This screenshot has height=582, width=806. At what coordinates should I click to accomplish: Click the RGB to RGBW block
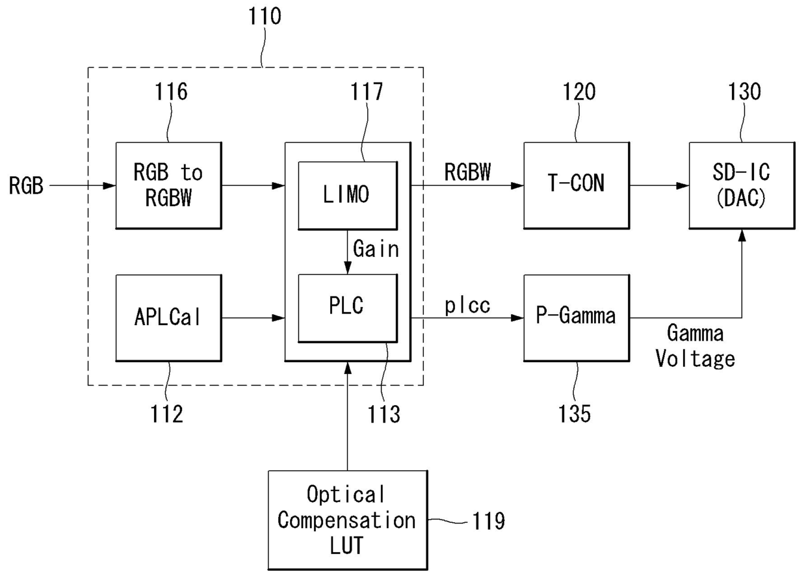point(168,185)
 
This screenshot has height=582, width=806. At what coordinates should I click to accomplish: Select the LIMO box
point(348,196)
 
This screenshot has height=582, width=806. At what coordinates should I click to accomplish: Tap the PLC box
point(348,308)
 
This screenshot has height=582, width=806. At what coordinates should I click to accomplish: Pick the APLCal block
point(168,318)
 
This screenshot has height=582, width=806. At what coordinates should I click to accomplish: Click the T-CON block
point(577,185)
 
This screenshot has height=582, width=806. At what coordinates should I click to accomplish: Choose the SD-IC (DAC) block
point(742,185)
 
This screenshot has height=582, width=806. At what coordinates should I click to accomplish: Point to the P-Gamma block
point(577,318)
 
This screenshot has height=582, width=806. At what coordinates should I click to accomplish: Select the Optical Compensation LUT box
point(348,520)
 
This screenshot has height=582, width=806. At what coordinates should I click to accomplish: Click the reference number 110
point(265,16)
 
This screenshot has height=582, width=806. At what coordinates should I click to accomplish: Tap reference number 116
point(171,92)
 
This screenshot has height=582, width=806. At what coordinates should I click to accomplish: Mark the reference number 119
point(488,521)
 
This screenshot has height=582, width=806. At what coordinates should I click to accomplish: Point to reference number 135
point(575,414)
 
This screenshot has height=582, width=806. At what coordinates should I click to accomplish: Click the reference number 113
point(383,414)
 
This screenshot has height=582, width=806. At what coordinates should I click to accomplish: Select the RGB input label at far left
point(26,186)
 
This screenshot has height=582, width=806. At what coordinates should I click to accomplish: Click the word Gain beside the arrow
point(376,248)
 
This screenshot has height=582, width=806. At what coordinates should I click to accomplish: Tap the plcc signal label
point(467,306)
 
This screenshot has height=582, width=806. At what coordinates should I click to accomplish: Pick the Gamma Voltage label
point(695,346)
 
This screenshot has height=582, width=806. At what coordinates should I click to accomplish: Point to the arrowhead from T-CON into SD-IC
point(682,186)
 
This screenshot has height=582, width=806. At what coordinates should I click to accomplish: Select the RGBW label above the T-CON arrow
point(467,172)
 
